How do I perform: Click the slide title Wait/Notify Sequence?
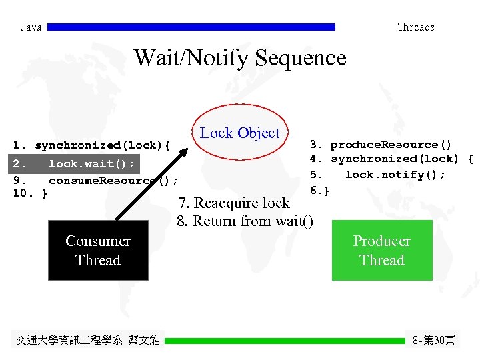(x=240, y=58)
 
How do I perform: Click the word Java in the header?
(x=31, y=27)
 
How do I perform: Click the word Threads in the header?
(x=415, y=27)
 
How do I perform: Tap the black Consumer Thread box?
(x=98, y=251)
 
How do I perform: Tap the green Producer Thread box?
(x=381, y=251)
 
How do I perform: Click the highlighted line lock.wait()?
(x=75, y=164)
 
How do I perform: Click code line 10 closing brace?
(x=31, y=194)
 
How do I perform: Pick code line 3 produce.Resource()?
(x=380, y=145)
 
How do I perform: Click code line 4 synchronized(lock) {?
(x=391, y=159)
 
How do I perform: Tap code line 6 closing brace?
(x=319, y=191)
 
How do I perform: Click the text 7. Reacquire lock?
(x=233, y=203)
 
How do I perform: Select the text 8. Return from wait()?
(x=245, y=221)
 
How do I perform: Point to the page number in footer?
(x=433, y=341)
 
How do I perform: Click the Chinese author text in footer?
(x=87, y=341)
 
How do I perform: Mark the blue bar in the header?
(x=191, y=27)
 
